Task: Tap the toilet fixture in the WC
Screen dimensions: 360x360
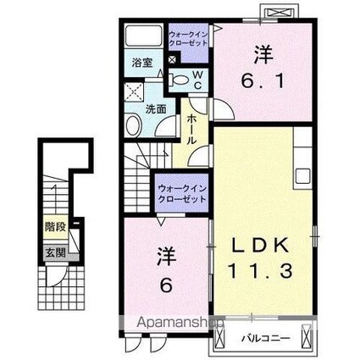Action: coord(180,79)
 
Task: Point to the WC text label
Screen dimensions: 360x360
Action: coord(197,79)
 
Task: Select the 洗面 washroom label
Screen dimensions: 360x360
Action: coord(155,109)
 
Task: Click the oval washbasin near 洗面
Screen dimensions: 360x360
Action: coord(134,126)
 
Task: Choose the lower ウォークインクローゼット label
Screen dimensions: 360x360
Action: coord(183,192)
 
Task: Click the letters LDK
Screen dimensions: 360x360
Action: coord(261,246)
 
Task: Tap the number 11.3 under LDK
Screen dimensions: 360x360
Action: coord(262,273)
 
